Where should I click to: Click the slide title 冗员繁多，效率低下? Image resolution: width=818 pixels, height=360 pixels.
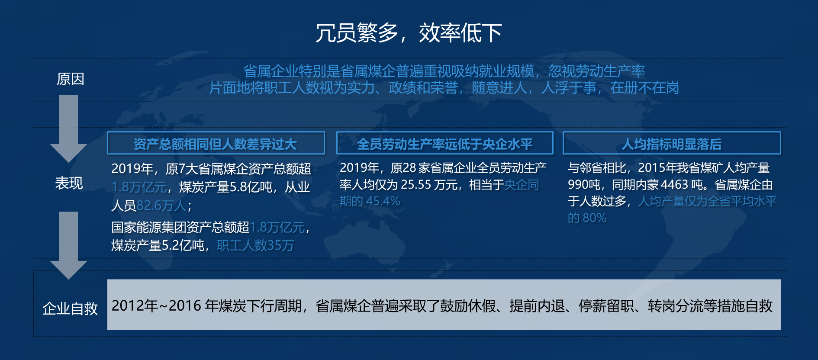click(x=409, y=33)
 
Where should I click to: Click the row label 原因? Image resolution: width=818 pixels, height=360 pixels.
click(x=70, y=79)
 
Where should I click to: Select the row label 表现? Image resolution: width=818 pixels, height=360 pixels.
click(x=69, y=183)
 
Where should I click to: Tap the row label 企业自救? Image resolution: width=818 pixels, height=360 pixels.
click(x=70, y=309)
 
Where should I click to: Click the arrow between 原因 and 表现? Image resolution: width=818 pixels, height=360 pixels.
click(x=68, y=129)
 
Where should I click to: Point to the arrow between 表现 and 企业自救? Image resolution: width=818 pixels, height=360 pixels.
click(x=68, y=245)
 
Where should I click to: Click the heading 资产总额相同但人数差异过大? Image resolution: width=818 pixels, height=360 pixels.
click(x=215, y=144)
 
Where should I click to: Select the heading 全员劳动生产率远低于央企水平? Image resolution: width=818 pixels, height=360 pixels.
click(x=444, y=144)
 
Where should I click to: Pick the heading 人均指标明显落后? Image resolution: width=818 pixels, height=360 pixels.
click(x=672, y=144)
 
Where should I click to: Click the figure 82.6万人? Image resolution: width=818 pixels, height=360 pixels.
click(x=161, y=205)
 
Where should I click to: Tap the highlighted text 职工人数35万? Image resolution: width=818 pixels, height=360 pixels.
click(x=255, y=245)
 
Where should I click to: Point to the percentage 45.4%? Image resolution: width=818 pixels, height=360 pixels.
click(x=383, y=201)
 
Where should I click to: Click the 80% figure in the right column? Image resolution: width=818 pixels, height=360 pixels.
click(x=594, y=218)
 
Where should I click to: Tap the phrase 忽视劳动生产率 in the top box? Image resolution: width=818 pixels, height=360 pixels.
click(x=597, y=71)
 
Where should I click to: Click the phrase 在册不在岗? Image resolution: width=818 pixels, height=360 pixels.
click(x=645, y=88)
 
